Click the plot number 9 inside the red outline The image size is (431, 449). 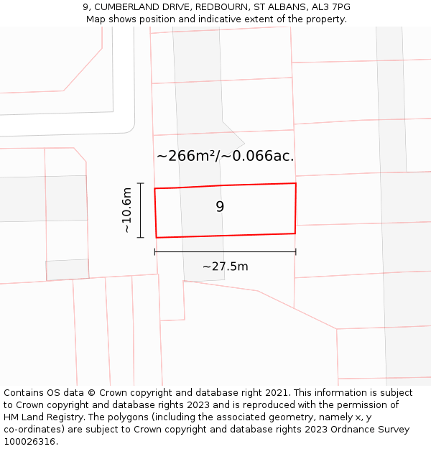click(220, 207)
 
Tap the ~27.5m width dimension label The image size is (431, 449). click(225, 267)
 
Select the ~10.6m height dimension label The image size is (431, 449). click(126, 210)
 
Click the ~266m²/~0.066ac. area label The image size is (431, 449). click(225, 156)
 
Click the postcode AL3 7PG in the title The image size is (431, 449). click(330, 7)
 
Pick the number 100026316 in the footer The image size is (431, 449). click(30, 441)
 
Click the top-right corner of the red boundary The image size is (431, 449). click(296, 183)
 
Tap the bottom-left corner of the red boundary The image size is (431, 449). click(156, 238)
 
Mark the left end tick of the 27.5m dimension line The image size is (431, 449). click(155, 251)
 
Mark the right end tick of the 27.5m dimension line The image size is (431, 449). click(296, 251)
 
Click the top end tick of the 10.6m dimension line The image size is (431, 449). click(140, 184)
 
